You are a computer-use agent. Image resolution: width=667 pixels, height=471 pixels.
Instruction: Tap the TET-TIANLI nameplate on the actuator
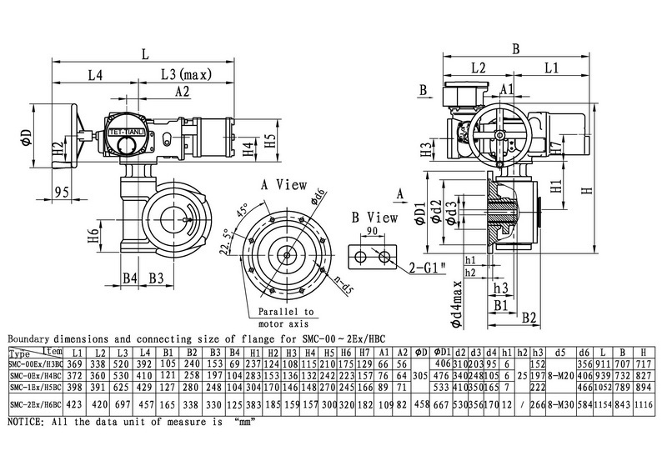point(127,132)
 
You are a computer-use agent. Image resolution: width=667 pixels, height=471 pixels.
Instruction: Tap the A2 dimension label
point(183,91)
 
